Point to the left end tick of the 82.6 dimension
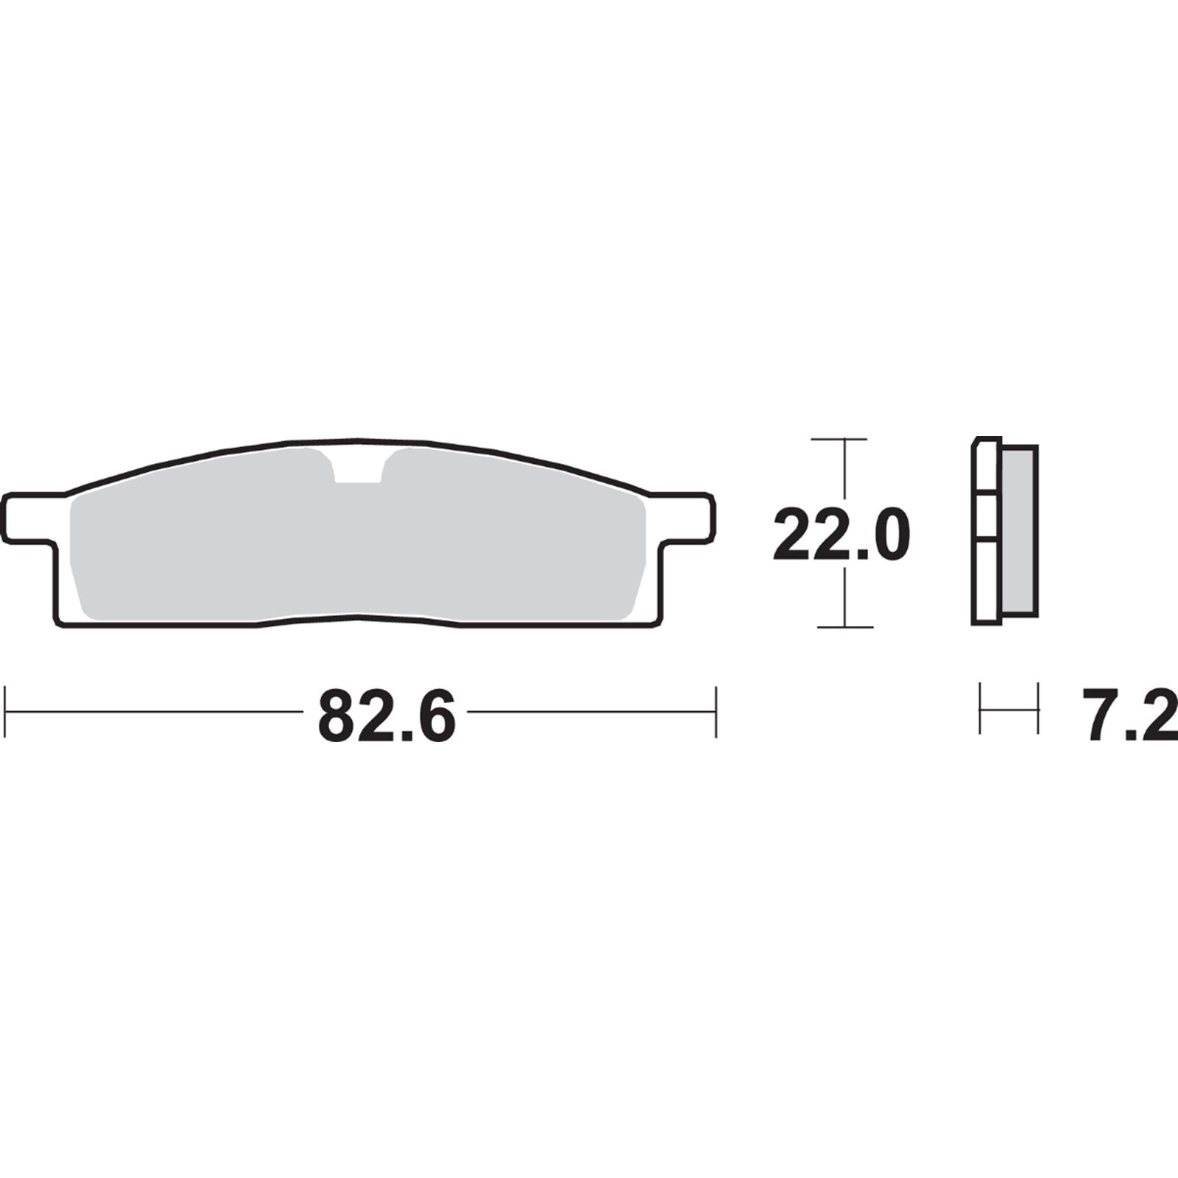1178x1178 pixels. pos(6,712)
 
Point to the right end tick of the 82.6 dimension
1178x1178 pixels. pos(715,712)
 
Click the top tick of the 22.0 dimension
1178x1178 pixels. pos(839,440)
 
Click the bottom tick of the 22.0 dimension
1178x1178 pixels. pos(844,627)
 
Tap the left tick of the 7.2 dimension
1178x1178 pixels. pos(980,708)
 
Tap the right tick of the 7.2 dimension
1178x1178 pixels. pos(1037,708)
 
